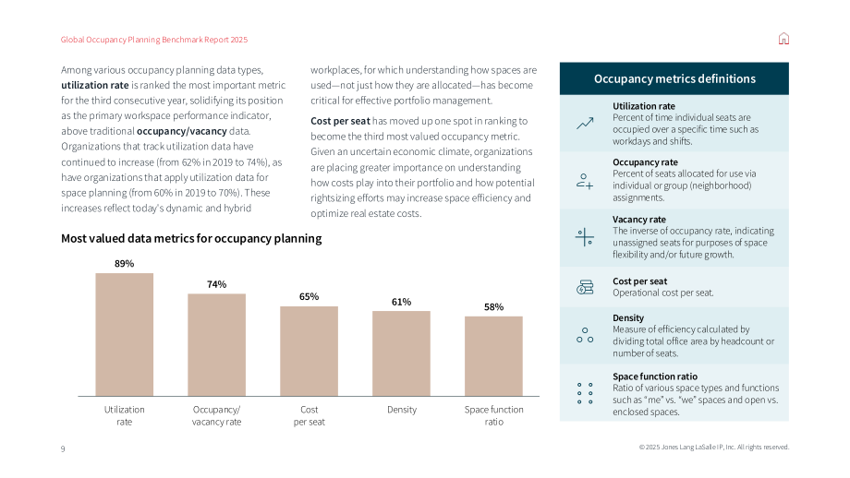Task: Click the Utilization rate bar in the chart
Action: (x=124, y=335)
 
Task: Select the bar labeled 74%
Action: (x=217, y=345)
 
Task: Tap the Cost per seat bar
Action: (x=309, y=352)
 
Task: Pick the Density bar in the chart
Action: (x=401, y=353)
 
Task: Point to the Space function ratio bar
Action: (x=494, y=356)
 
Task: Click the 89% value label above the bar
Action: (x=124, y=264)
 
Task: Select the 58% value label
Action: (x=494, y=307)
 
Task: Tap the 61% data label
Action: (x=401, y=302)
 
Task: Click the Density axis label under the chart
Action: (x=402, y=410)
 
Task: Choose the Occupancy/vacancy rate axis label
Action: (x=216, y=416)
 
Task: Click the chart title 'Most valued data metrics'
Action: (x=191, y=239)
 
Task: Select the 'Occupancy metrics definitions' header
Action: (x=674, y=79)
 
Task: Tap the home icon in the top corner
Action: (x=783, y=39)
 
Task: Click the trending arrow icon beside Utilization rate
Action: (x=585, y=124)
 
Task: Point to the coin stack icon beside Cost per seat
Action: (x=585, y=288)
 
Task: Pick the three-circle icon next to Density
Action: (x=585, y=335)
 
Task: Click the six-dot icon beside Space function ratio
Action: (x=585, y=393)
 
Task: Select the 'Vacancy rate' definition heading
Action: (x=639, y=220)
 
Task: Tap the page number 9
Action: (x=63, y=448)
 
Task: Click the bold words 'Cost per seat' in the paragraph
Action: (x=340, y=121)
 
